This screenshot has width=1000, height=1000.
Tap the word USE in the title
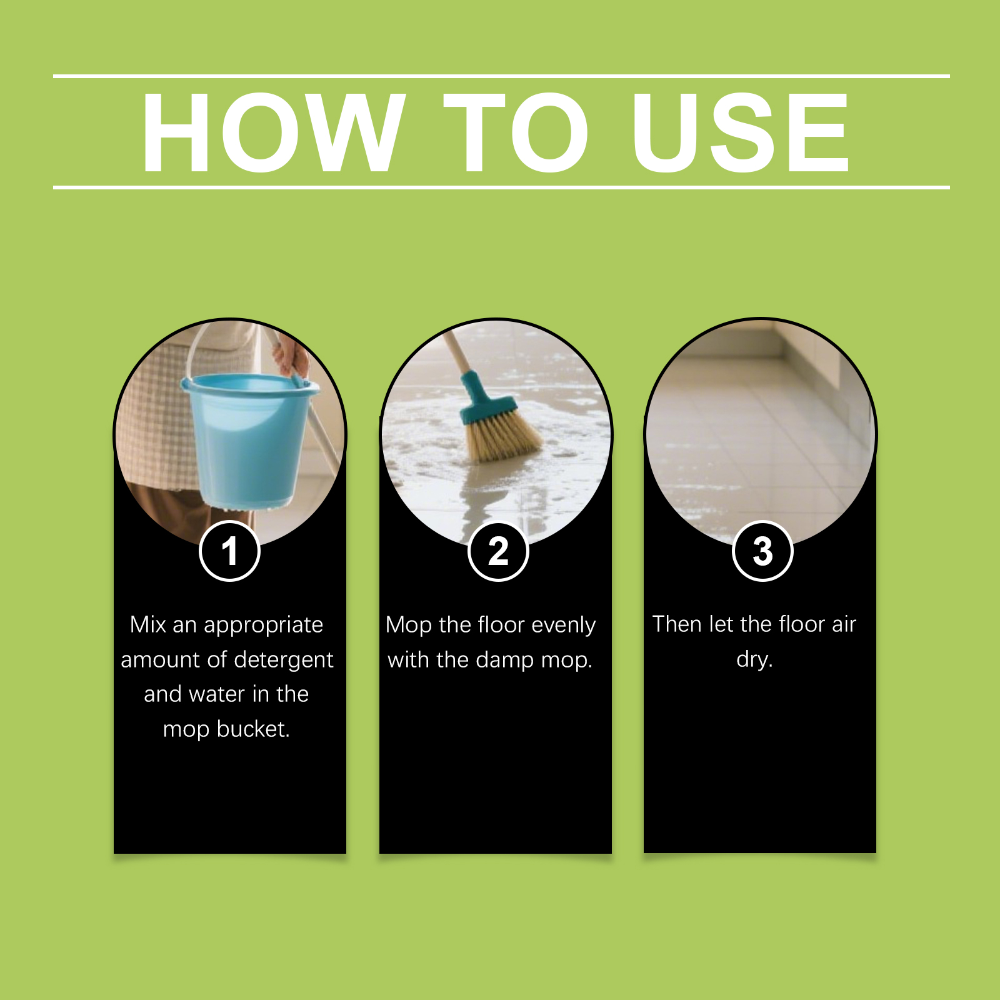(x=741, y=132)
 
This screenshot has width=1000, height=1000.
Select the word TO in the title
(x=516, y=132)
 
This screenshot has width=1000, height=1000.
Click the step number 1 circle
(x=229, y=551)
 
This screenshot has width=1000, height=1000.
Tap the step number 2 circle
(x=498, y=551)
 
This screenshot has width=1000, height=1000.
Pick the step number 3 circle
(x=762, y=551)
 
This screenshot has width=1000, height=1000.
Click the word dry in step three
(x=754, y=659)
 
